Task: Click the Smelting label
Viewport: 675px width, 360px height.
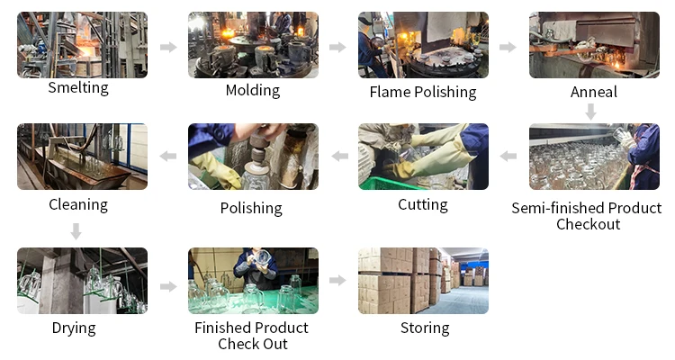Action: point(78,87)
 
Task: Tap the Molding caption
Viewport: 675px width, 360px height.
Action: point(252,90)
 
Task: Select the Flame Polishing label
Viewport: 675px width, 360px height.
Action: point(423,92)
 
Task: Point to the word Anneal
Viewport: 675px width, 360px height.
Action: point(594,92)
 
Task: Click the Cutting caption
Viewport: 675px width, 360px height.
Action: point(423,204)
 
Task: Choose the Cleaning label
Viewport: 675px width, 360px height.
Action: point(78,204)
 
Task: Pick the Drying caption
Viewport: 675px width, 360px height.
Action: point(74,328)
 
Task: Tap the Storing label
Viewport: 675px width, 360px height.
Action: point(425,328)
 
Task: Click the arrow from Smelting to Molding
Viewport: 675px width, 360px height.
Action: point(168,47)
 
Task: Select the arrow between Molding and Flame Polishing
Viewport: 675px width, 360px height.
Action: point(337,47)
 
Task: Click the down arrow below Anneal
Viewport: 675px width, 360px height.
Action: point(590,112)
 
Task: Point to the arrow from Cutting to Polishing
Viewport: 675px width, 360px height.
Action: point(339,157)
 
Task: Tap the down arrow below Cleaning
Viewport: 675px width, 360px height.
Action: point(76,231)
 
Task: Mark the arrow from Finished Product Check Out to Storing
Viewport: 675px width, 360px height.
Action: point(337,281)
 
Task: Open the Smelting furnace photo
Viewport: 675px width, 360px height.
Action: point(82,44)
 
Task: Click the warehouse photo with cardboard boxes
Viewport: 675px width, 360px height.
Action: point(423,281)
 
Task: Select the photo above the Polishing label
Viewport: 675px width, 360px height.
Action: point(253,157)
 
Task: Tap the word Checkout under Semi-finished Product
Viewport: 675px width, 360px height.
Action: point(588,224)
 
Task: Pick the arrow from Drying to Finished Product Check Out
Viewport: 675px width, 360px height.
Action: point(168,286)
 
